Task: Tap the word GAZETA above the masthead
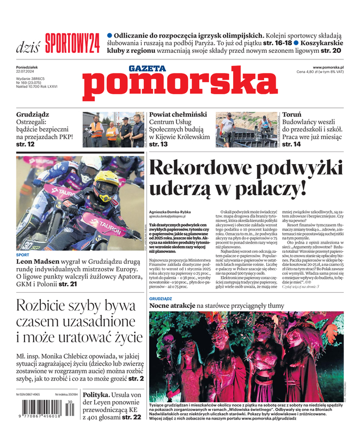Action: pos(147,69)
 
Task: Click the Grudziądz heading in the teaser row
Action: pos(33,115)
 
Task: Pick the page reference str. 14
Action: pos(291,144)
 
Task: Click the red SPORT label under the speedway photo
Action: pos(23,255)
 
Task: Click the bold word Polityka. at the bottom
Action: pos(101,395)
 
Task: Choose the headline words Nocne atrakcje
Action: pos(172,307)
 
